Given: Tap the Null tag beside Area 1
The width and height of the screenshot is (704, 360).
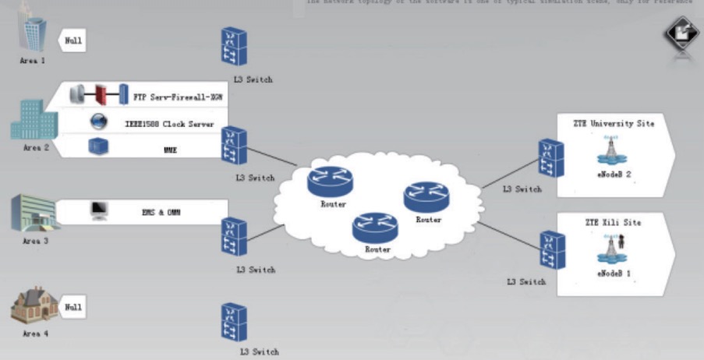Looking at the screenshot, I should tap(73, 40).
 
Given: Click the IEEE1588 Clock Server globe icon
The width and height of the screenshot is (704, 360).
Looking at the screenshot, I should tap(98, 122).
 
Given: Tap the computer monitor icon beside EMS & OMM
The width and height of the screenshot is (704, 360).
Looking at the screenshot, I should tap(99, 210).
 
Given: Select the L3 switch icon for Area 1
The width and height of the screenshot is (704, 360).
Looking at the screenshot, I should tap(234, 47).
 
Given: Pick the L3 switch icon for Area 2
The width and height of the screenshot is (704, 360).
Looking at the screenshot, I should tap(234, 146).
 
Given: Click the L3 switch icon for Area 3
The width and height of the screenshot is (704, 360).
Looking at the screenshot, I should tap(234, 237).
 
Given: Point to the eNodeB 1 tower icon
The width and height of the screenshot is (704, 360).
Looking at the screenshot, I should tap(614, 249).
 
